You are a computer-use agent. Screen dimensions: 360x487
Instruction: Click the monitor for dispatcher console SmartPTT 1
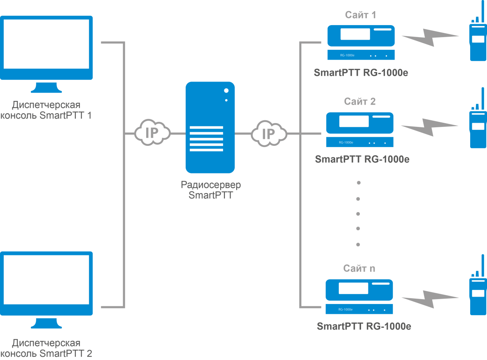click(x=46, y=51)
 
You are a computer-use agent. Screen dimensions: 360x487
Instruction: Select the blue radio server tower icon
click(x=210, y=128)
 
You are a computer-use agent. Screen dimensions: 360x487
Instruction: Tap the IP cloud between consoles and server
click(x=152, y=133)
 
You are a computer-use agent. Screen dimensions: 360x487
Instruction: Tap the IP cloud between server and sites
click(x=269, y=133)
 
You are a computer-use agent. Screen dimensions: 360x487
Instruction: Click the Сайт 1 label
click(x=360, y=16)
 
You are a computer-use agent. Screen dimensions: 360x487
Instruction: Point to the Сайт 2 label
click(x=360, y=101)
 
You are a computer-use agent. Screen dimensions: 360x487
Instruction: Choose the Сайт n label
click(x=359, y=269)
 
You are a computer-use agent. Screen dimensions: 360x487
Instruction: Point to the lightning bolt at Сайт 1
click(x=430, y=37)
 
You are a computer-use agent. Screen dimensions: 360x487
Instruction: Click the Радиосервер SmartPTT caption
click(x=211, y=190)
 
